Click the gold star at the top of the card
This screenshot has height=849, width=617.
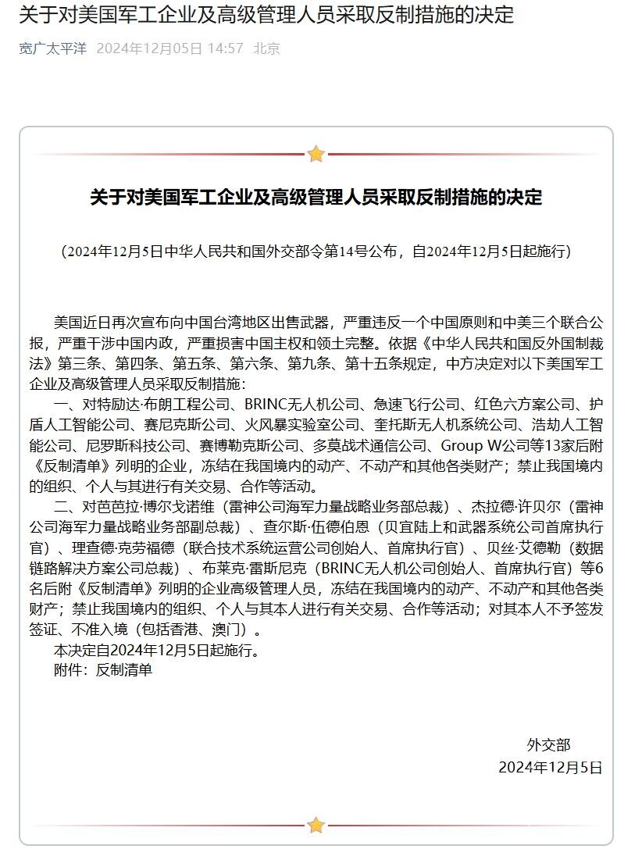tap(316, 154)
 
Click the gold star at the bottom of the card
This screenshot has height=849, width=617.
tap(316, 825)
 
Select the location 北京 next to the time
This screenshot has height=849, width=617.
tap(267, 48)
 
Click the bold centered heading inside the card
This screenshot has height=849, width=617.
tap(316, 197)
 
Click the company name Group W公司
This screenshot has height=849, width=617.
tap(481, 446)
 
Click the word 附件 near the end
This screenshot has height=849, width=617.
tap(68, 669)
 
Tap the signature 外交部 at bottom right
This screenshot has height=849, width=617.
tap(549, 745)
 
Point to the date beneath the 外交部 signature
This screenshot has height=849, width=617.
tap(551, 767)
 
